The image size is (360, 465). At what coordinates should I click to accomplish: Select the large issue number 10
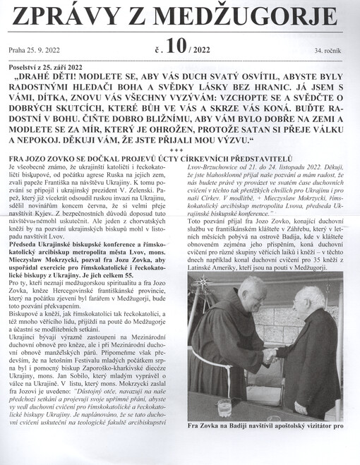click(176, 47)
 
